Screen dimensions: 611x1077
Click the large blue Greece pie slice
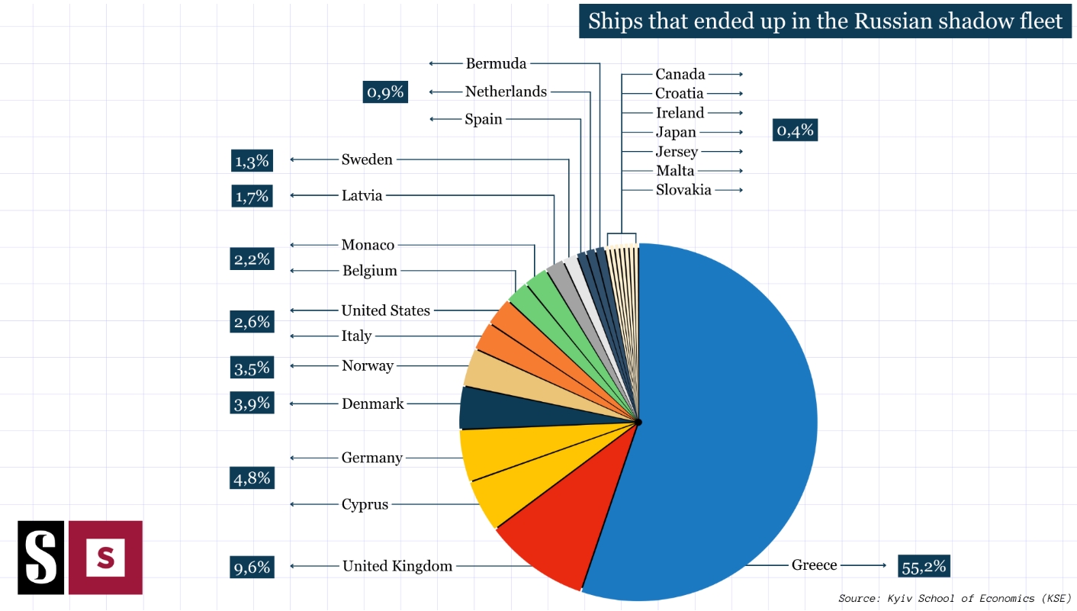click(725, 420)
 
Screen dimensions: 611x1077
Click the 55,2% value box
click(924, 566)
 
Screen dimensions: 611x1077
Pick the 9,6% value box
click(252, 567)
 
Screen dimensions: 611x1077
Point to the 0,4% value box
click(795, 130)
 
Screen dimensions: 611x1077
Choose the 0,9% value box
click(384, 92)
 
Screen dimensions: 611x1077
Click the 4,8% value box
click(252, 478)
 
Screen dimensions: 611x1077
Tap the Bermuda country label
click(496, 63)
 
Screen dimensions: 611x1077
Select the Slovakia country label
click(683, 190)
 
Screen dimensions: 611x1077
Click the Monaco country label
click(368, 245)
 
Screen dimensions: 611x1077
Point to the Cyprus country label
click(365, 504)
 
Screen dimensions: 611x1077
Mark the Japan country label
click(676, 132)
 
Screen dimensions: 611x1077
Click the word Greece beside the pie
click(814, 565)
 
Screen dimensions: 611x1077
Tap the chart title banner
click(825, 21)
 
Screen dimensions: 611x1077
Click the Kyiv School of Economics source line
click(954, 598)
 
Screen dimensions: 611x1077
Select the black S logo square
click(41, 558)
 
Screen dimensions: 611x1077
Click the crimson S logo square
click(105, 558)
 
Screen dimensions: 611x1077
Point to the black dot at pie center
click(638, 422)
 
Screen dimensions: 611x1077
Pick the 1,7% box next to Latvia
click(252, 197)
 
